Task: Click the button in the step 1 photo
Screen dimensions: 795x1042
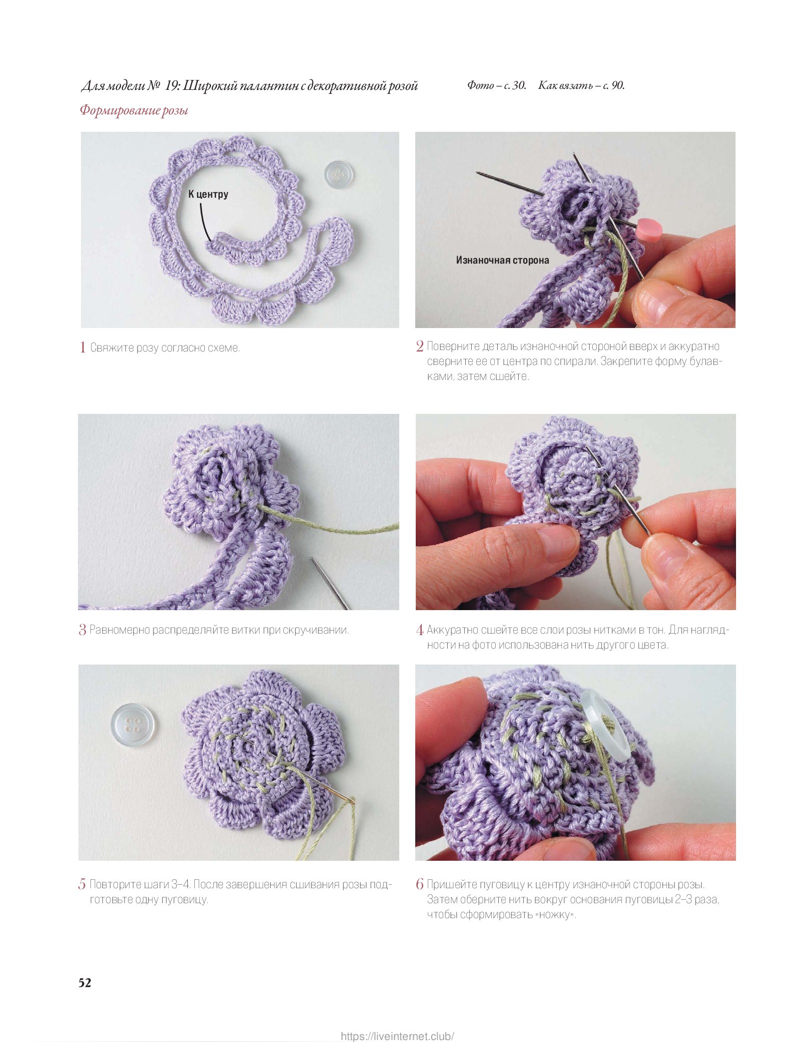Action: pos(339,175)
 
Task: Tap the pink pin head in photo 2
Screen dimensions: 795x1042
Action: pos(649,229)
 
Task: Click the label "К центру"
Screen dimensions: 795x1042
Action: pos(208,194)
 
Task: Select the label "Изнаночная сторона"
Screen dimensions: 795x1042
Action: pos(502,260)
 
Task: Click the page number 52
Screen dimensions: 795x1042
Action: pos(85,983)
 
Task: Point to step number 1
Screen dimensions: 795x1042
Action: pos(82,347)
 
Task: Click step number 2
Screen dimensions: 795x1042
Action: pos(420,346)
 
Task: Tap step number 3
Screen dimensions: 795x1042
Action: pos(82,630)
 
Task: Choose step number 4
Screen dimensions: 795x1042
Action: pos(420,630)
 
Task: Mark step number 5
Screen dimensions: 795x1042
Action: pos(82,884)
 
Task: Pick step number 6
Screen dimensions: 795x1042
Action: pos(420,884)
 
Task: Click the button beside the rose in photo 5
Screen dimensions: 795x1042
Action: pos(132,724)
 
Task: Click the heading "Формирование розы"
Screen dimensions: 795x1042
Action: pos(134,110)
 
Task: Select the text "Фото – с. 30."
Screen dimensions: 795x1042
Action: pos(497,85)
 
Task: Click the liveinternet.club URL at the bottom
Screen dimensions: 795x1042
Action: pos(398,1036)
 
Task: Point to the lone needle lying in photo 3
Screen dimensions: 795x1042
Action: pos(330,583)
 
